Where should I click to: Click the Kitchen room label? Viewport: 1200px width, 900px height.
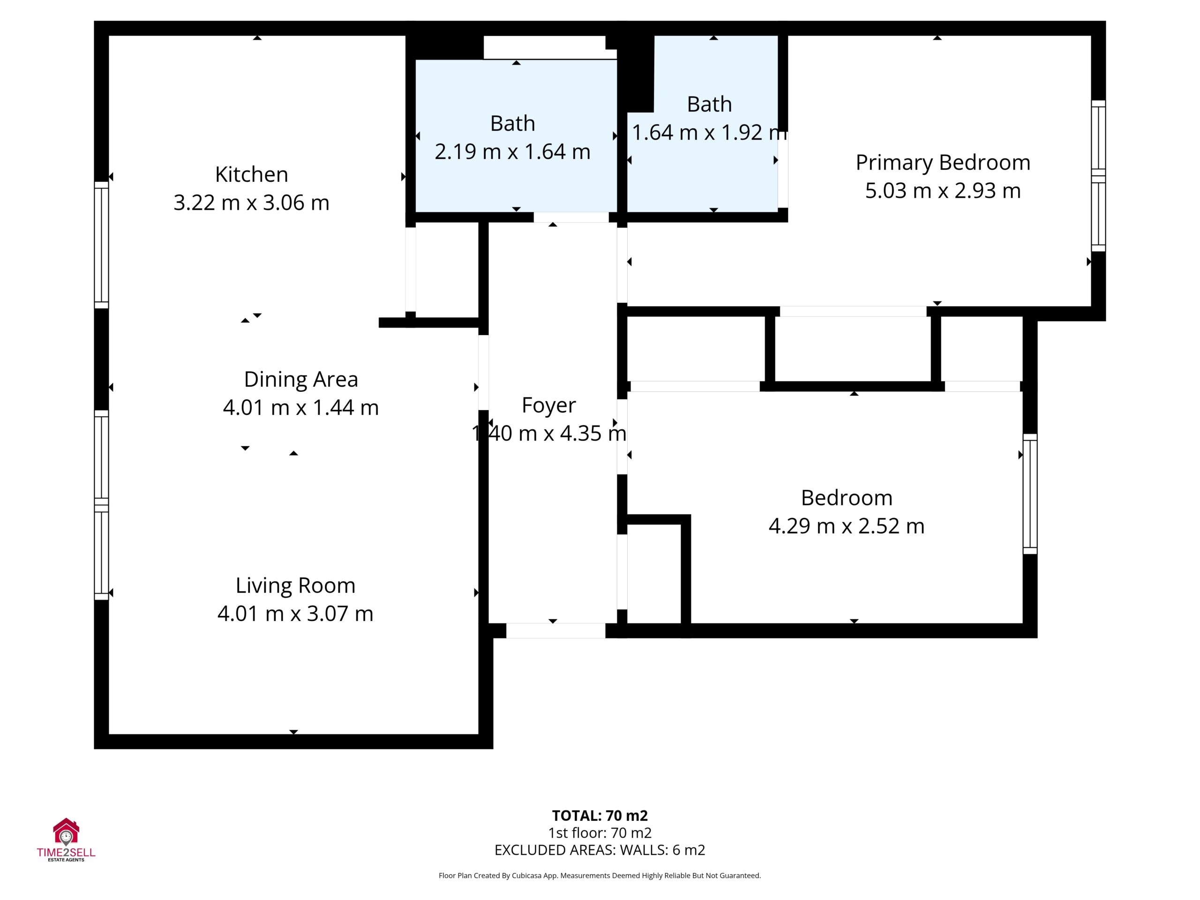(x=251, y=175)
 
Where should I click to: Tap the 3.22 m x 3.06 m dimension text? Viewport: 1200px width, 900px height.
(x=251, y=203)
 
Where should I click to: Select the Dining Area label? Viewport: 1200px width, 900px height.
(x=301, y=380)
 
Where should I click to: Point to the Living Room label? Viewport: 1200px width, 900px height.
(x=295, y=586)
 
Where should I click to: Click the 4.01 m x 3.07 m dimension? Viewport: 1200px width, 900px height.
(x=295, y=614)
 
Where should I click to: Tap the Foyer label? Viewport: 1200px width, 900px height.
(x=548, y=406)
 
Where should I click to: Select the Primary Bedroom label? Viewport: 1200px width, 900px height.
(x=943, y=163)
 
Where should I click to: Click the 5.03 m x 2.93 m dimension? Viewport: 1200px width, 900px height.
(x=943, y=191)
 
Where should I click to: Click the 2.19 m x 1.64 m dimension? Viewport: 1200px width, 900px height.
(x=512, y=152)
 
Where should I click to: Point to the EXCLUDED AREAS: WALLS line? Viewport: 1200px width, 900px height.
(x=600, y=850)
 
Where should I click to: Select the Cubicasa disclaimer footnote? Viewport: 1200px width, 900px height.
(x=600, y=876)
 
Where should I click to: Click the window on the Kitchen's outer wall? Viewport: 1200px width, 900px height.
(x=101, y=245)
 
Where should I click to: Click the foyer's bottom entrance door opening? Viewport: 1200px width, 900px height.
(x=555, y=630)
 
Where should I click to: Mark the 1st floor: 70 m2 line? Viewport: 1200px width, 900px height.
(x=600, y=832)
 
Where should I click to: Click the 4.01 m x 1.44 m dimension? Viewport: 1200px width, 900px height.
(x=301, y=408)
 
